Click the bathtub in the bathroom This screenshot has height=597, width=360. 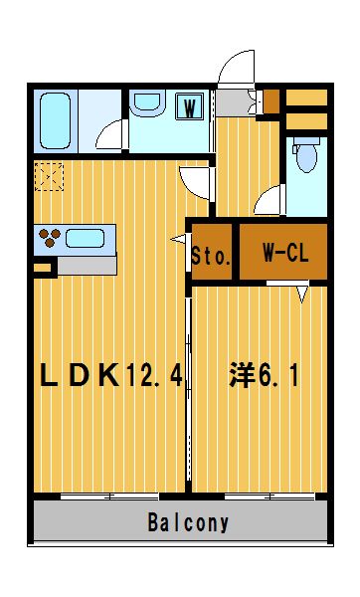[55, 121]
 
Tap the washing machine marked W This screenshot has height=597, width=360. [189, 106]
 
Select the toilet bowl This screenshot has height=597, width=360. [306, 155]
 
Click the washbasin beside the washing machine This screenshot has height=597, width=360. [147, 102]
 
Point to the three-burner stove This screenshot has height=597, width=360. [50, 238]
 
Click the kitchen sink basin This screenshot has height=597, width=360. [85, 239]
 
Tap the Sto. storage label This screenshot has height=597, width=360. [211, 257]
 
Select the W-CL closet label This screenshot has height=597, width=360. [285, 253]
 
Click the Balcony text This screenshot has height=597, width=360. [188, 522]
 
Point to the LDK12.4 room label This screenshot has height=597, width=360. [111, 375]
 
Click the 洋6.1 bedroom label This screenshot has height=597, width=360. [264, 375]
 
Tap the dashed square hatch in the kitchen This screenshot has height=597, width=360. [49, 176]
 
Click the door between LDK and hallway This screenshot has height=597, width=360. [194, 183]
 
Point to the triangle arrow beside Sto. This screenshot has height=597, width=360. [178, 240]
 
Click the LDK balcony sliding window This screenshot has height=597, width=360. [109, 497]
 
